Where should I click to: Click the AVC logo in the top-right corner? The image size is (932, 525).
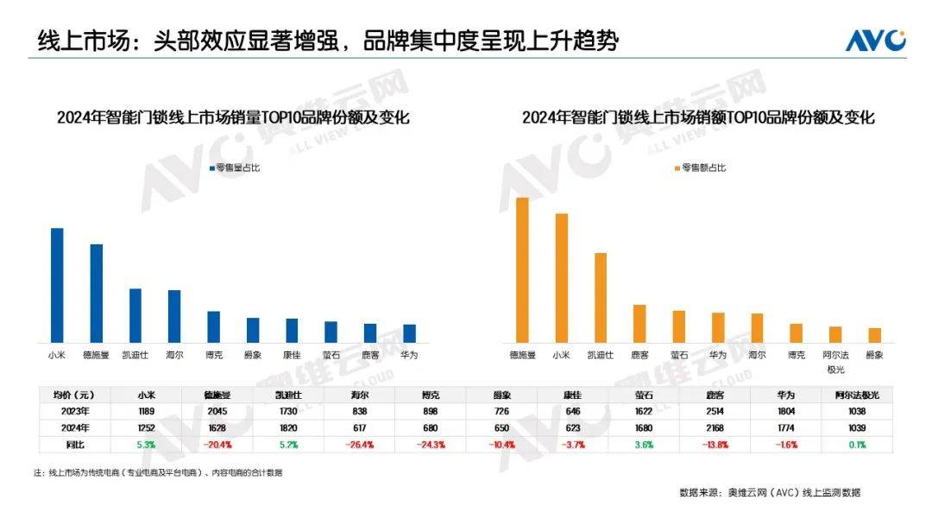pos(875,40)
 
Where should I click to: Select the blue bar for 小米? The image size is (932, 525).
pos(57,285)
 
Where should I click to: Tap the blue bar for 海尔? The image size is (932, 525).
pos(174,316)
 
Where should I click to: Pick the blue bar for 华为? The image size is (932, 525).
pos(409,333)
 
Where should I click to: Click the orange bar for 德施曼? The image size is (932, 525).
pos(522,269)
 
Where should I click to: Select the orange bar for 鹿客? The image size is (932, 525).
pos(639,323)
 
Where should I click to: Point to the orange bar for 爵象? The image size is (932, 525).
pos(874,335)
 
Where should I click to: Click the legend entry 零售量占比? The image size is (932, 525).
pos(233,168)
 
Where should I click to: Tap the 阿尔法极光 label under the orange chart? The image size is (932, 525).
pos(835,361)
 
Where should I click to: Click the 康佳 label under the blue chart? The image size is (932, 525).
pos(292,355)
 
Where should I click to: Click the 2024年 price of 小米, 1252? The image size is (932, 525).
pos(147,427)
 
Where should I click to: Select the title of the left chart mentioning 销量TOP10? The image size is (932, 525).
pos(233,118)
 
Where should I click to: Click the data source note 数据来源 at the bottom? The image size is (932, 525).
pos(769,492)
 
